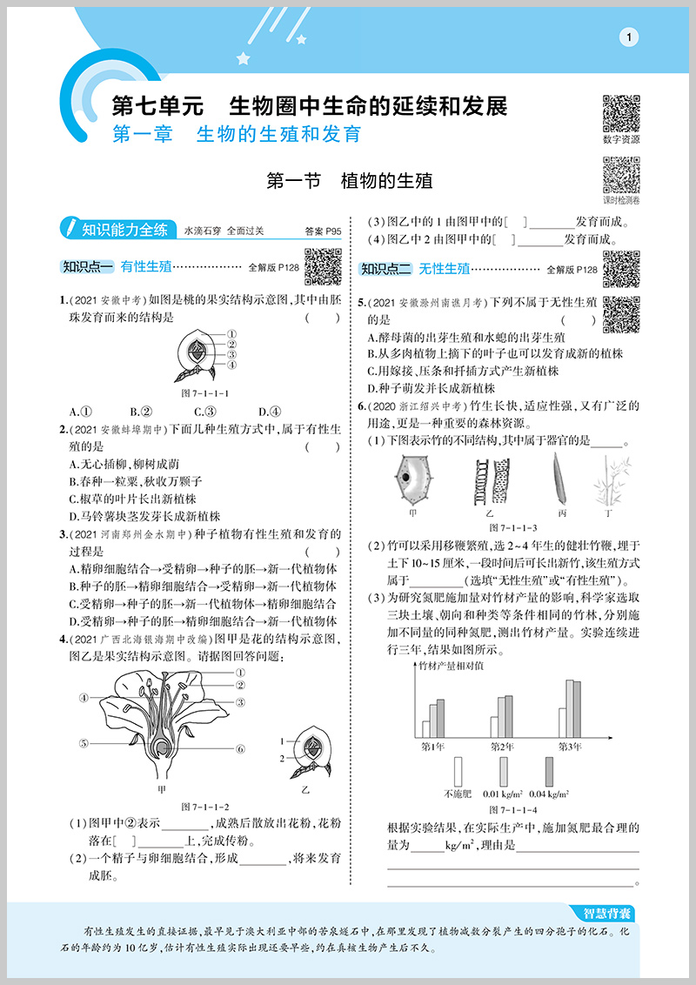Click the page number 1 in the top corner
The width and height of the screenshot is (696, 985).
629,36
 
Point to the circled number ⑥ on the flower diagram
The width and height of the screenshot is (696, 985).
240,748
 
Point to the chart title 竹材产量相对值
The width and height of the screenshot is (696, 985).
452,666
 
